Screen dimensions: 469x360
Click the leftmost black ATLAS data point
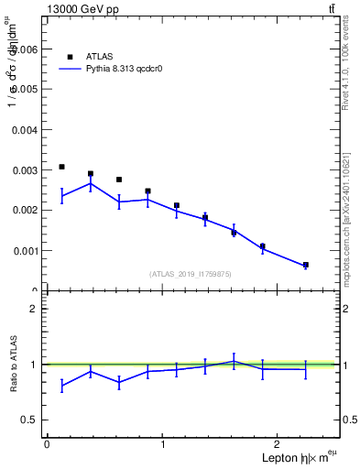pyautogui.click(x=61, y=167)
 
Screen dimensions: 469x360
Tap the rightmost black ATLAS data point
pyautogui.click(x=305, y=265)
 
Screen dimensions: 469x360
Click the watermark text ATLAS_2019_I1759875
pyautogui.click(x=191, y=274)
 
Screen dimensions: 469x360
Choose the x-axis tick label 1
pyautogui.click(x=162, y=443)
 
